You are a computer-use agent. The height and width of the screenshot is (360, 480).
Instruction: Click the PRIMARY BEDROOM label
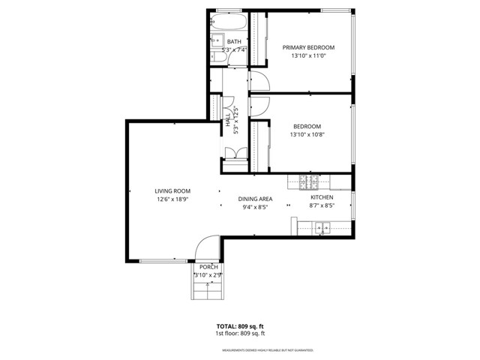point(308,47)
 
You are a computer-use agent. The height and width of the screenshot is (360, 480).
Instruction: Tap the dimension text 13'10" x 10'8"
point(307,135)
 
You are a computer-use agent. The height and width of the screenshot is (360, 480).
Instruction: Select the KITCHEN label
point(322,197)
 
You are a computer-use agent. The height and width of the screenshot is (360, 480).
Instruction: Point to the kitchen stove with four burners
point(309,181)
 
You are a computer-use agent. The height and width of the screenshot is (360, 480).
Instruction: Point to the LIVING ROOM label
point(172,191)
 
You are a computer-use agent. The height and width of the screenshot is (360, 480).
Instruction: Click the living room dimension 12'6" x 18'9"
point(172,200)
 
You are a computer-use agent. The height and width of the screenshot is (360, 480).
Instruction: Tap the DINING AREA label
point(255,199)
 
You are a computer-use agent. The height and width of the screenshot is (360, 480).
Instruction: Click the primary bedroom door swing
point(259,79)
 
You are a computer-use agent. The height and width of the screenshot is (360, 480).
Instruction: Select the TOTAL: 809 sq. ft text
point(239,326)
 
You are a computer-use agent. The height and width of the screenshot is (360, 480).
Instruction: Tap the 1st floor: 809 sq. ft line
point(239,333)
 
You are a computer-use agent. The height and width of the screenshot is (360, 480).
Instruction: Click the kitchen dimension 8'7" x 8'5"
point(322,205)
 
